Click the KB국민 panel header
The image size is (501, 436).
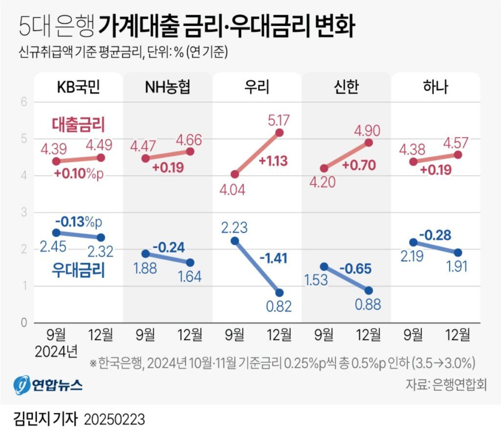pyautogui.click(x=78, y=87)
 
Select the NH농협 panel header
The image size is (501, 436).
pyautogui.click(x=167, y=87)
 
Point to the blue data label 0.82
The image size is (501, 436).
pyautogui.click(x=278, y=307)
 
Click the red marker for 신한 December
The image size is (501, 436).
pyautogui.click(x=368, y=143)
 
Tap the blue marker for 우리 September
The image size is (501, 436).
pyautogui.click(x=235, y=241)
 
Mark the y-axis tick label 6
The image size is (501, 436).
pyautogui.click(x=23, y=102)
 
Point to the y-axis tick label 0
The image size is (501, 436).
pyautogui.click(x=23, y=323)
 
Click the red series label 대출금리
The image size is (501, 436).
pyautogui.click(x=79, y=124)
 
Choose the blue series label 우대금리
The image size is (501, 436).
pyautogui.click(x=79, y=271)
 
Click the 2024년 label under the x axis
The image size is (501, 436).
pyautogui.click(x=57, y=352)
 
